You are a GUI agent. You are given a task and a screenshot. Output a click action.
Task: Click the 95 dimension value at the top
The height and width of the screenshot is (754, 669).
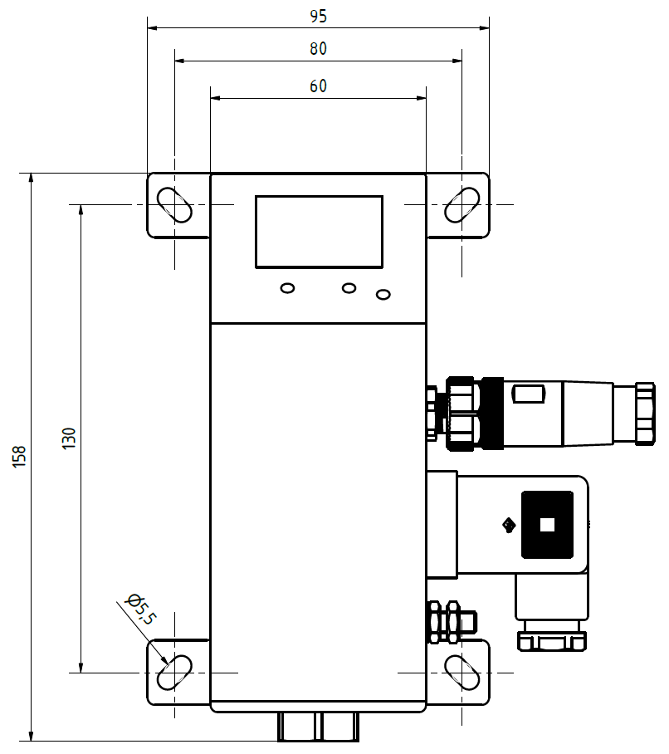318,17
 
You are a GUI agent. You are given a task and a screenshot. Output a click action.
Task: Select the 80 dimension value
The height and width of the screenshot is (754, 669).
318,48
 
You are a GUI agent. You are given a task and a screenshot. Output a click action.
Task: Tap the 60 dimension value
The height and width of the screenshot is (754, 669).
318,86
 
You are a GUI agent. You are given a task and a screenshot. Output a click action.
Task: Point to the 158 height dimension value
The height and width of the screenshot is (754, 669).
19,457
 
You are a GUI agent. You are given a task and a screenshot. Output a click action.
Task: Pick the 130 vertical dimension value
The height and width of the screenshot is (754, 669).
69,438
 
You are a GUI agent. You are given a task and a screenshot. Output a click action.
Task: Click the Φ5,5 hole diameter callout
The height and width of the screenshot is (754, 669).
140,609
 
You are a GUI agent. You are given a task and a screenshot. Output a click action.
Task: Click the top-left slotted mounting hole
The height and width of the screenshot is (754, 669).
174,205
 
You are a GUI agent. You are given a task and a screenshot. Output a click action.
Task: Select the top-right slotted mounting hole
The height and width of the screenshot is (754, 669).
461,205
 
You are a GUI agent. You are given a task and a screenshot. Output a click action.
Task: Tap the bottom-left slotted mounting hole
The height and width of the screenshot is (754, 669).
174,673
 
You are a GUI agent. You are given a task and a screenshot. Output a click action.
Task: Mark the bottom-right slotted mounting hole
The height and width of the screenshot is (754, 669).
461,673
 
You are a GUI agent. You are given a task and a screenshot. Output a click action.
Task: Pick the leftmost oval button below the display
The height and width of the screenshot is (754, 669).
287,288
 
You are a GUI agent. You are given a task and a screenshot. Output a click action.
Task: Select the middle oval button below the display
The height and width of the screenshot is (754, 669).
349,288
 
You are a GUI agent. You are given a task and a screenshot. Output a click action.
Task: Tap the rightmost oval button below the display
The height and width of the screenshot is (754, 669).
383,294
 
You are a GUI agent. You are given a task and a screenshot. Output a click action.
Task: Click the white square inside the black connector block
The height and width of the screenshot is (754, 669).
547,525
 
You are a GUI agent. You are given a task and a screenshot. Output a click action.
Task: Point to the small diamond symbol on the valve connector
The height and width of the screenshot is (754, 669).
509,525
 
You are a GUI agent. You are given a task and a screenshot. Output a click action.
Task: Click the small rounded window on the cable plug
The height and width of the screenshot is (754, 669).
528,394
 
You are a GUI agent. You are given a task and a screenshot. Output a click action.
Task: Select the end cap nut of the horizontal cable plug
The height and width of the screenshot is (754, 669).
645,414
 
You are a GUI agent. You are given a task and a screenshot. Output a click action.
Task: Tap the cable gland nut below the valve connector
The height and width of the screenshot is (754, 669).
552,640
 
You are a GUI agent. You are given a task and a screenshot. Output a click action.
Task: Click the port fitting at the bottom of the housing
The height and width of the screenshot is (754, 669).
318,727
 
